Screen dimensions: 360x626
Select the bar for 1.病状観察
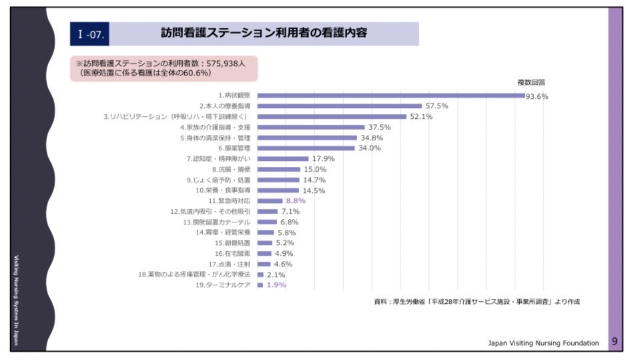click(x=391, y=96)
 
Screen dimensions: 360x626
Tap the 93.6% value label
click(x=537, y=96)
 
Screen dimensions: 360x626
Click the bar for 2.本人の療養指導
click(x=339, y=106)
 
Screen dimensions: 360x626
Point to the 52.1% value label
click(x=421, y=116)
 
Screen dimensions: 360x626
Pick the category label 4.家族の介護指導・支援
click(x=215, y=127)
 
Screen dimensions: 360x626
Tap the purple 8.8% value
click(x=296, y=200)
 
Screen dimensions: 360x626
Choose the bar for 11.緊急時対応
click(x=270, y=200)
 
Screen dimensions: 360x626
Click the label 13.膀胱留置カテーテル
click(x=218, y=222)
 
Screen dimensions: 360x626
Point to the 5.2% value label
click(x=285, y=243)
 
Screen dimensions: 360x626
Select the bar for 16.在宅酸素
click(x=264, y=253)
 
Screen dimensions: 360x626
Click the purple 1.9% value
click(x=276, y=285)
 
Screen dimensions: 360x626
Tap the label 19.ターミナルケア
click(x=223, y=285)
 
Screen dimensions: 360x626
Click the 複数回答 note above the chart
click(x=531, y=82)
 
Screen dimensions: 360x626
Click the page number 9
click(x=615, y=342)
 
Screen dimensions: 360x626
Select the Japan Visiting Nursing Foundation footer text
click(x=543, y=343)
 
